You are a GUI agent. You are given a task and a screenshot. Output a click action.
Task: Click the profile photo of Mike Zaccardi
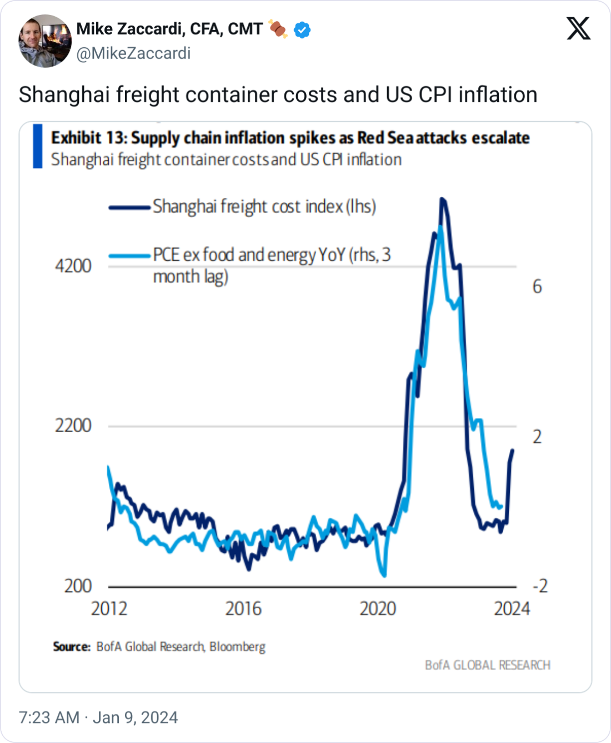pyautogui.click(x=45, y=41)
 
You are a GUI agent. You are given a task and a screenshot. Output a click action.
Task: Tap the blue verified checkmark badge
pyautogui.click(x=302, y=29)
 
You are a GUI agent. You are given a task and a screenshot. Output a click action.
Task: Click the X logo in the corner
pyautogui.click(x=578, y=28)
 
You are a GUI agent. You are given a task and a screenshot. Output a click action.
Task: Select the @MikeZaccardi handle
pyautogui.click(x=133, y=53)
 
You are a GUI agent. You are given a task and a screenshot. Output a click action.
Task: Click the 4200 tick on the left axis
pyautogui.click(x=73, y=266)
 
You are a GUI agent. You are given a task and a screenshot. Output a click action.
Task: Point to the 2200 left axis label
pyautogui.click(x=73, y=425)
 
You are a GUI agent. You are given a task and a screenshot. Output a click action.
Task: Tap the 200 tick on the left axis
pyautogui.click(x=78, y=586)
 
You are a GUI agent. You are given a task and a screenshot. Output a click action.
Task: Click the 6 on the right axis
pyautogui.click(x=537, y=286)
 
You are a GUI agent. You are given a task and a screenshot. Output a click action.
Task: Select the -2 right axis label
pyautogui.click(x=540, y=586)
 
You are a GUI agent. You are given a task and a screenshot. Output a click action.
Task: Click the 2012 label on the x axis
pyautogui.click(x=109, y=608)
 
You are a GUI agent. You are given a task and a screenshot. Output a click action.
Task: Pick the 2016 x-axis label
pyautogui.click(x=243, y=608)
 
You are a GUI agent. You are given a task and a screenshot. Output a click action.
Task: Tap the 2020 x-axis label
pyautogui.click(x=378, y=608)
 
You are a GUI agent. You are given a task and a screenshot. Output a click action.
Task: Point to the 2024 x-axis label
pyautogui.click(x=512, y=608)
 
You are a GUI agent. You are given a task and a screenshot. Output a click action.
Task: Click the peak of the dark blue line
pyautogui.click(x=442, y=199)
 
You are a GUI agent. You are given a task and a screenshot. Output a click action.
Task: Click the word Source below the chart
pyautogui.click(x=72, y=647)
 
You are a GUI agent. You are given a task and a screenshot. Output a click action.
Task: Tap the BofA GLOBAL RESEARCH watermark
pyautogui.click(x=488, y=665)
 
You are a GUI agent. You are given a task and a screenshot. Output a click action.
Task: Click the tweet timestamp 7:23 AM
pyautogui.click(x=49, y=717)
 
